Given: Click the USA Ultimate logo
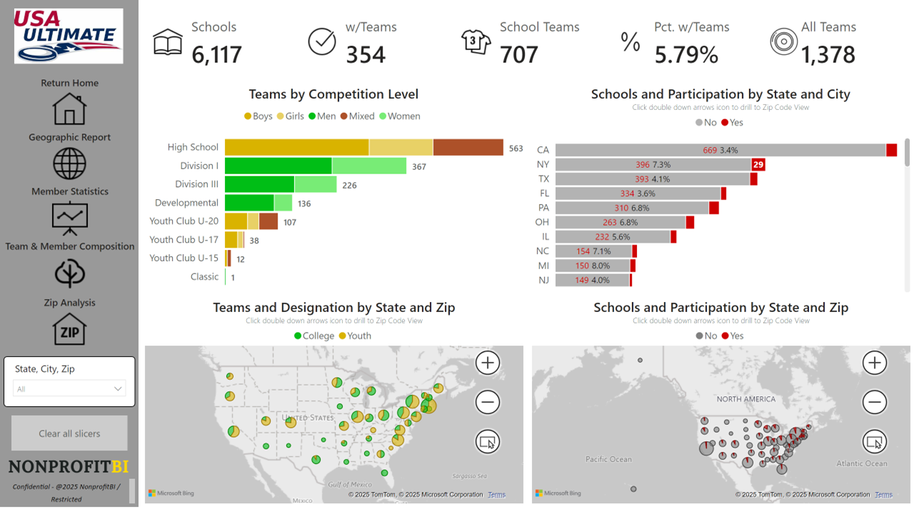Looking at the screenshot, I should [69, 36].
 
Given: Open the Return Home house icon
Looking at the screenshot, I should [69, 109].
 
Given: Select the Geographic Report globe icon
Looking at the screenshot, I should [69, 163].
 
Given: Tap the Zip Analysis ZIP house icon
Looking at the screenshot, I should [69, 329].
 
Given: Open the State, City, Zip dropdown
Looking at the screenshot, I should [69, 389].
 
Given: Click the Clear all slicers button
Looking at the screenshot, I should [69, 433].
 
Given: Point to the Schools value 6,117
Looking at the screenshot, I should [216, 54].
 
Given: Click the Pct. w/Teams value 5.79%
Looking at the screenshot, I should [686, 54].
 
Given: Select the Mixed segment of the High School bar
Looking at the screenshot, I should [468, 148].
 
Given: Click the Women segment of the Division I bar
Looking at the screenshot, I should [369, 166].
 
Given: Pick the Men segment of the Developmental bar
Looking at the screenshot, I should [249, 203].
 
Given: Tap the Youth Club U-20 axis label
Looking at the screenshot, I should [184, 221].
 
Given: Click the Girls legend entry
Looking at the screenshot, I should [291, 116].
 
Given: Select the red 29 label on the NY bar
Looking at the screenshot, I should [758, 164].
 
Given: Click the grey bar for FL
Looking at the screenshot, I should [638, 193].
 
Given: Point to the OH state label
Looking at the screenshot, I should [543, 222].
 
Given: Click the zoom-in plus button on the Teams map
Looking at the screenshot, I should [488, 363].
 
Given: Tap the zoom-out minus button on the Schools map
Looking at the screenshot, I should [875, 402].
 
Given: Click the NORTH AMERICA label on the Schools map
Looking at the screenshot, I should [746, 399].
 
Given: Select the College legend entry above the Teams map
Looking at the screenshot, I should [313, 336].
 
